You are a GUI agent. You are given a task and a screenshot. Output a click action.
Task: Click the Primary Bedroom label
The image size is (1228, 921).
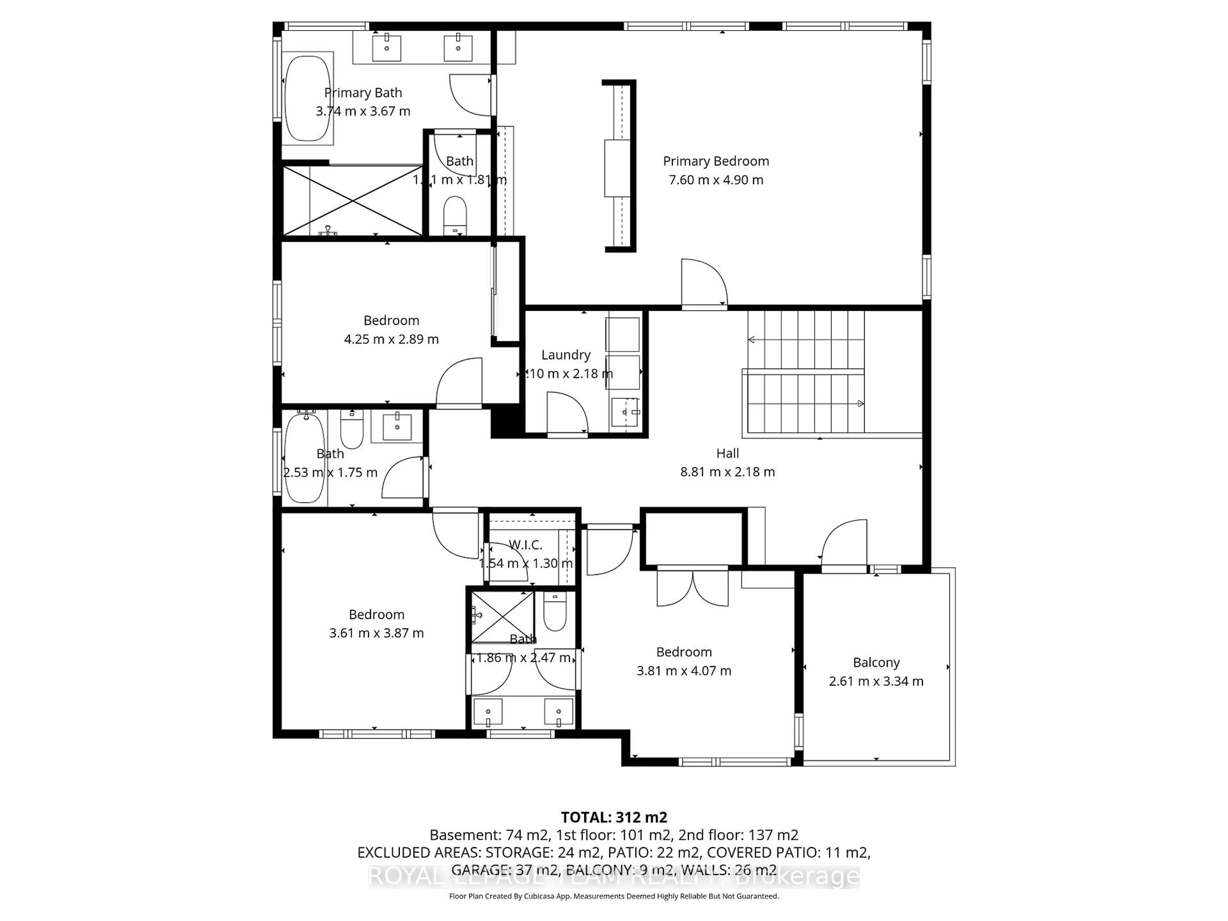coord(716,161)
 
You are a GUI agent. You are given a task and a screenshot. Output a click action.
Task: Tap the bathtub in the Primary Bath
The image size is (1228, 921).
coord(308,98)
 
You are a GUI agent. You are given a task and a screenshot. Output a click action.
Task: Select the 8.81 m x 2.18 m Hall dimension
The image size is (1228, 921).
coord(727,472)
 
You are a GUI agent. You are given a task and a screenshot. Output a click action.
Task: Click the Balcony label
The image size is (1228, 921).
coord(876,662)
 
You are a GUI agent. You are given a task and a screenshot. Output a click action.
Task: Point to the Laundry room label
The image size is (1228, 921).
coord(566,355)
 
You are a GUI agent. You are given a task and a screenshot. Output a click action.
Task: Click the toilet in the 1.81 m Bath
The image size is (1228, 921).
coord(455,216)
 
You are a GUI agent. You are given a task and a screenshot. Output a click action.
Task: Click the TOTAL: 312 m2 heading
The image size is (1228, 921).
coord(613,817)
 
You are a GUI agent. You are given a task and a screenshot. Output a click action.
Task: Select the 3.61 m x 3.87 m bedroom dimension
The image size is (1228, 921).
coord(376,633)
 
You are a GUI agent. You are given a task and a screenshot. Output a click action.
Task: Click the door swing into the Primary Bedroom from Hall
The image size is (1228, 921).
coord(704,283)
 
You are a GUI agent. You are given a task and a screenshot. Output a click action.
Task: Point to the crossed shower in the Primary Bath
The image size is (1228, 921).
coord(353,200)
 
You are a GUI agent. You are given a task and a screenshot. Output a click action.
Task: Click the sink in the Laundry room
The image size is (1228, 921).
coord(625,412)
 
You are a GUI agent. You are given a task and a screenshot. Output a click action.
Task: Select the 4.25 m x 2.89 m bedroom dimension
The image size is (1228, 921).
coord(391,339)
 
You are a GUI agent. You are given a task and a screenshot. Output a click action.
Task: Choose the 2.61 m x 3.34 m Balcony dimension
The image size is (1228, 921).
coord(876,681)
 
